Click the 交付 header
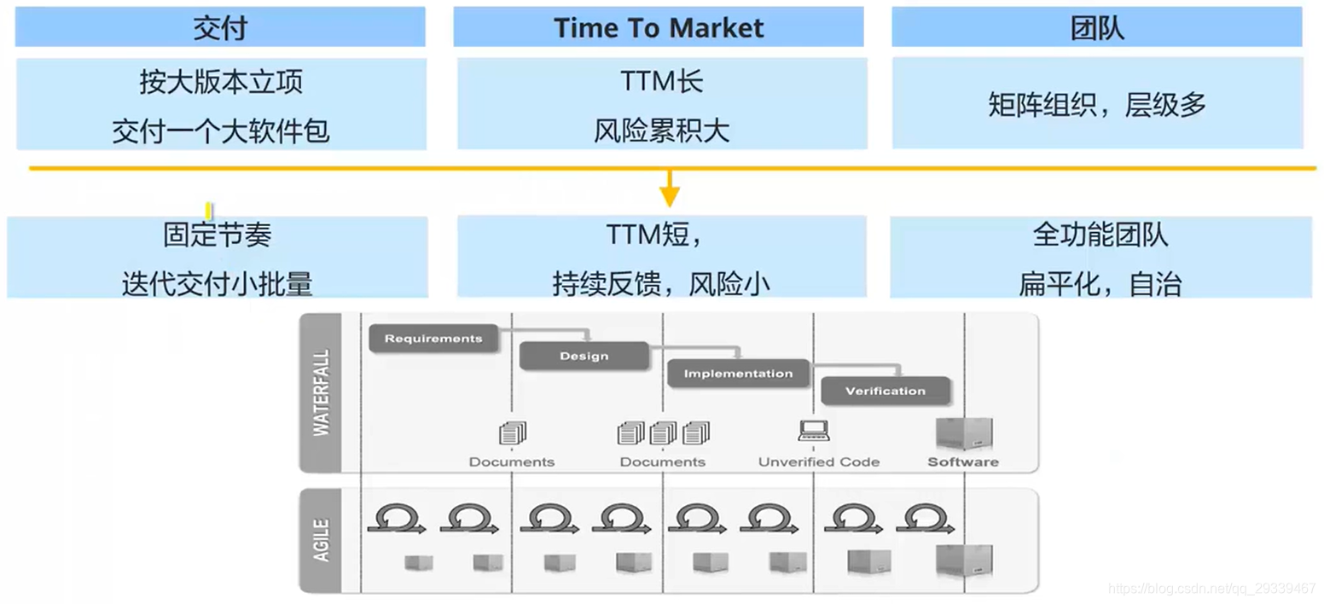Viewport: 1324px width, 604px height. (x=220, y=28)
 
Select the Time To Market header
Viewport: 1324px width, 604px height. (x=659, y=28)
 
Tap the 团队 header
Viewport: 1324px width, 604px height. (x=1097, y=28)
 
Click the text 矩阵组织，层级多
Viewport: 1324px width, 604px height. (x=1097, y=105)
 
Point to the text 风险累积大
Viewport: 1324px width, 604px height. (x=662, y=131)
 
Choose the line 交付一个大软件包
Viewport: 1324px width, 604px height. (x=221, y=131)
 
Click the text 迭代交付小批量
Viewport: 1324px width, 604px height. (x=218, y=284)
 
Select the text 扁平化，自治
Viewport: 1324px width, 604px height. (x=1100, y=284)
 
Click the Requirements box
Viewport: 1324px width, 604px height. (x=433, y=339)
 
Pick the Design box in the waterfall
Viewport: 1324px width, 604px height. (x=584, y=356)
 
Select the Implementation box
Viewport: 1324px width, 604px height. (x=738, y=374)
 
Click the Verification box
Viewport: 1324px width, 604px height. (x=885, y=391)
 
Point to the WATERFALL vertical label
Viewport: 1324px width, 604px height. (x=321, y=392)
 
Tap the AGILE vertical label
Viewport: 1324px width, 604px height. (x=321, y=540)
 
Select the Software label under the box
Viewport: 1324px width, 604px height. (x=962, y=462)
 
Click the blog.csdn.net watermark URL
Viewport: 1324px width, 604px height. (x=1211, y=589)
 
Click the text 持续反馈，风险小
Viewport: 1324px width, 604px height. (x=661, y=284)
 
